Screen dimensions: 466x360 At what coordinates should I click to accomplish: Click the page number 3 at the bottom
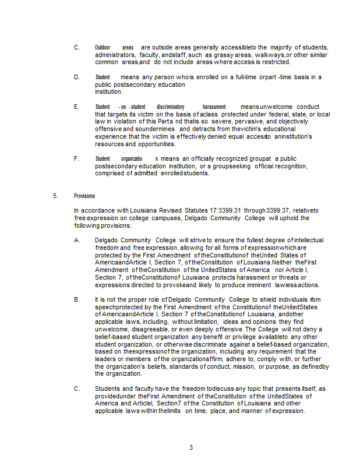click(190, 447)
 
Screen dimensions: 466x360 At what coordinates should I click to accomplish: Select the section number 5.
click(55, 196)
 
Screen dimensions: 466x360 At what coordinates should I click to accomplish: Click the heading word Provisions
click(84, 196)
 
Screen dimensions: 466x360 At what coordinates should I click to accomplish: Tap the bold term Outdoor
click(103, 47)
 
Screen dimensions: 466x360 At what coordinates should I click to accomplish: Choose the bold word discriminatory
click(170, 107)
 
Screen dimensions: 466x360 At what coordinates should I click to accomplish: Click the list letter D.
click(76, 77)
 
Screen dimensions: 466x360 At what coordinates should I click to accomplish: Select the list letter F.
click(76, 158)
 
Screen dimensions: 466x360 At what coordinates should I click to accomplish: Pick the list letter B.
click(76, 299)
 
